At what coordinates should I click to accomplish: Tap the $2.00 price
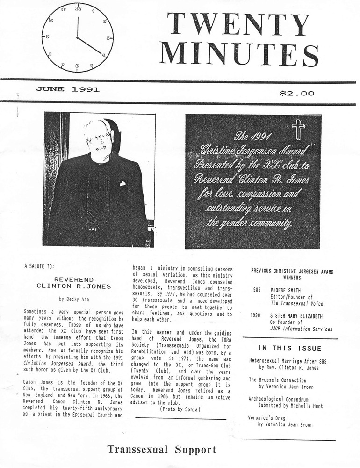coord(296,93)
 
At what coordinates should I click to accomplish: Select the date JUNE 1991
coord(68,89)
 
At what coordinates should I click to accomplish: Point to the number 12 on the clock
coord(78,8)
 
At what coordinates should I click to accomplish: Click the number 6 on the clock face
coord(77,66)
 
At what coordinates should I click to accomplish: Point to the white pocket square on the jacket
coord(122,183)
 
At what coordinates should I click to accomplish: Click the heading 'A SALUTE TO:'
coord(39,266)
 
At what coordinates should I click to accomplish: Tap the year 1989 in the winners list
coord(256,290)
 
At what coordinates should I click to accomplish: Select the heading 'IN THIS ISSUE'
coord(290,348)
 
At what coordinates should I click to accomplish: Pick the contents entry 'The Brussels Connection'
coord(278,380)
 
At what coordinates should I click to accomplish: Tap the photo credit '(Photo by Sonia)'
coord(180,409)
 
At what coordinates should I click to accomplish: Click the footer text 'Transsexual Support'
coord(162,450)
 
